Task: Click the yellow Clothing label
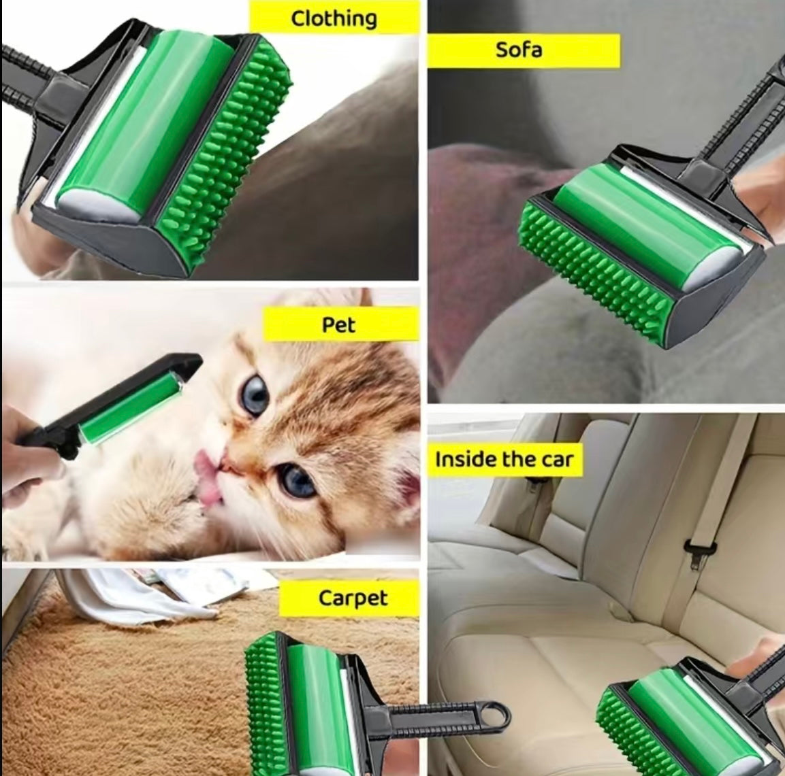point(334,18)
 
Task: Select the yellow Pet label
point(340,324)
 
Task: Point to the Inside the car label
point(504,460)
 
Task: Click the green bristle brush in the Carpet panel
point(262,701)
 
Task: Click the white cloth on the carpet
point(129,598)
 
